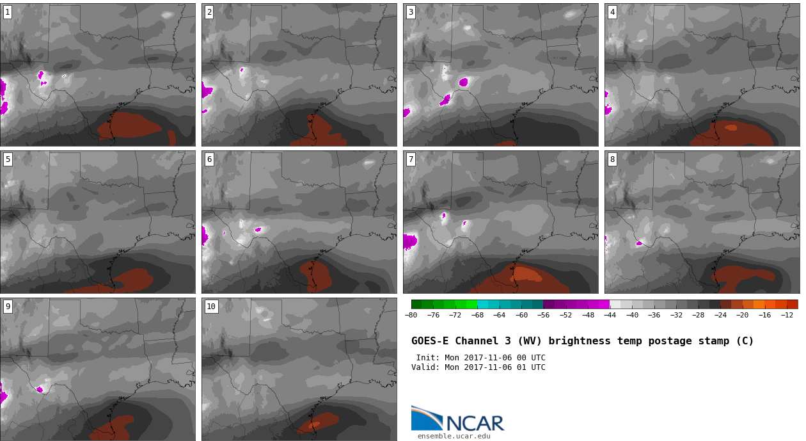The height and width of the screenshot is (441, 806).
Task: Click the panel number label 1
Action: click(8, 13)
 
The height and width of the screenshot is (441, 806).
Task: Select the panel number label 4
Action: click(612, 13)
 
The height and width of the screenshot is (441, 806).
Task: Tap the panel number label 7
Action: click(411, 159)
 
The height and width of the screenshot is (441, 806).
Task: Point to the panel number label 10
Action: click(211, 307)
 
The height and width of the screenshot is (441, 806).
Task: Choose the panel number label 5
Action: click(8, 159)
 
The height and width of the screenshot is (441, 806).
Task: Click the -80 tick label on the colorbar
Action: click(411, 316)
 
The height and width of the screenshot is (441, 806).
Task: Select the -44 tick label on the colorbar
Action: click(610, 316)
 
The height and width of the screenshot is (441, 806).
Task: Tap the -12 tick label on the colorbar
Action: click(787, 316)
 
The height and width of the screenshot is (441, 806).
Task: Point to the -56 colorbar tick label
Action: click(543, 316)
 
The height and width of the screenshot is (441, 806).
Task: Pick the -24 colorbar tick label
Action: click(720, 316)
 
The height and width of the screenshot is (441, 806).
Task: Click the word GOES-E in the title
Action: click(430, 341)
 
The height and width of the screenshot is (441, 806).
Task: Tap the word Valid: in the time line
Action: click(425, 367)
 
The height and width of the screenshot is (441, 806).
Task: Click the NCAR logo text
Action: click(475, 423)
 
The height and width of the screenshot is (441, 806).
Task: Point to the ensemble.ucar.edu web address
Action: click(454, 437)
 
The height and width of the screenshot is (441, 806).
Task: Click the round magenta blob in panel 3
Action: click(463, 83)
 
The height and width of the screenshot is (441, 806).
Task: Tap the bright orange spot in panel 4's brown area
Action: click(731, 127)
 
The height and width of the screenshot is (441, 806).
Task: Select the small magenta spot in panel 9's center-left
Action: click(40, 390)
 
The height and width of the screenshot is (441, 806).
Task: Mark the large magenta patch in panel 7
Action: click(410, 242)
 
